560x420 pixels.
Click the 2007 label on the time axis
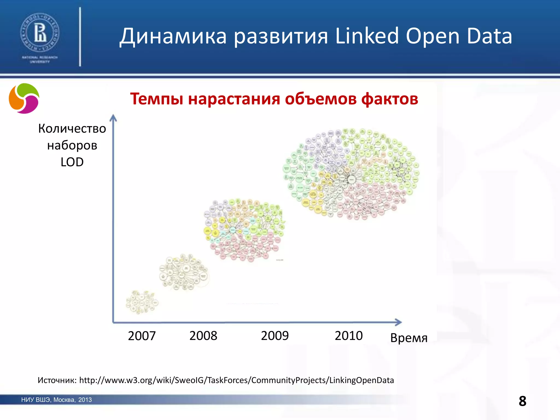(x=142, y=336)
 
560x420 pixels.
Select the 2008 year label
(x=203, y=336)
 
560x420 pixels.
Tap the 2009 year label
(x=275, y=336)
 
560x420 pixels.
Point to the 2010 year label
(x=349, y=336)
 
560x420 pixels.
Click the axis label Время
(x=409, y=338)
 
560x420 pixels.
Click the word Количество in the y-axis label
(x=72, y=129)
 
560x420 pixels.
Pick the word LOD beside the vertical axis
(x=72, y=162)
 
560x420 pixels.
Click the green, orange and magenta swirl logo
(x=24, y=98)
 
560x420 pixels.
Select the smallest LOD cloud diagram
(x=142, y=302)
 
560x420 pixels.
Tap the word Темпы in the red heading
(x=156, y=99)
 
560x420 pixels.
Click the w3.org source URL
(x=237, y=380)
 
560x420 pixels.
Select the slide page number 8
(x=522, y=401)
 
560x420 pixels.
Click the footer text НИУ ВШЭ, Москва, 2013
(x=57, y=400)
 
